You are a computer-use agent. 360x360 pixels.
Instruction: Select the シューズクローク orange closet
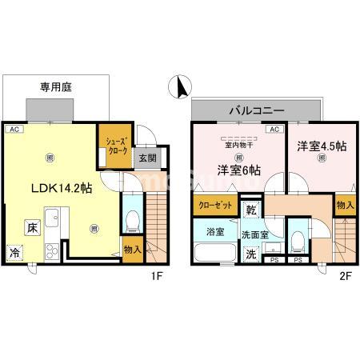(x=112, y=147)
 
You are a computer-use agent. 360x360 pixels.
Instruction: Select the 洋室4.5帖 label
(x=321, y=146)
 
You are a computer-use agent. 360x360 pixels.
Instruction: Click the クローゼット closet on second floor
(x=214, y=206)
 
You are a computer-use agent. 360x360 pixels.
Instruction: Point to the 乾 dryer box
(x=250, y=210)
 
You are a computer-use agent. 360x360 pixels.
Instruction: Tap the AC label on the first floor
(x=14, y=129)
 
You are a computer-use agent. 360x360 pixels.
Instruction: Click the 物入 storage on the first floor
(x=133, y=250)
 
